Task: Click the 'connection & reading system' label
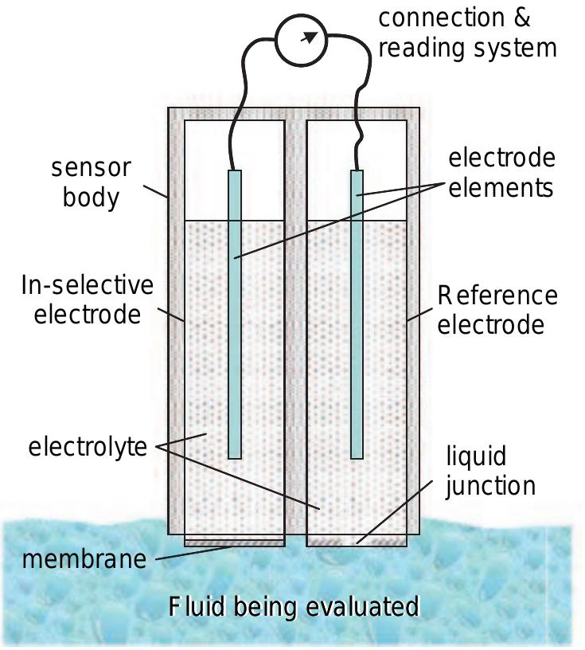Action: pos(467,33)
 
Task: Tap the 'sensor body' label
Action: pos(91,182)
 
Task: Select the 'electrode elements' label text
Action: pos(501,172)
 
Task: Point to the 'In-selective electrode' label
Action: pos(87,300)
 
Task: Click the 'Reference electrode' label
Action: pos(497,310)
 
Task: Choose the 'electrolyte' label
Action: pos(88,446)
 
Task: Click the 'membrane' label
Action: pos(84,558)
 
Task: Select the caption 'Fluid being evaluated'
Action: pos(294,607)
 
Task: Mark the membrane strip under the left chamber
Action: pos(234,542)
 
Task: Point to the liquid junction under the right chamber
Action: pos(357,542)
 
